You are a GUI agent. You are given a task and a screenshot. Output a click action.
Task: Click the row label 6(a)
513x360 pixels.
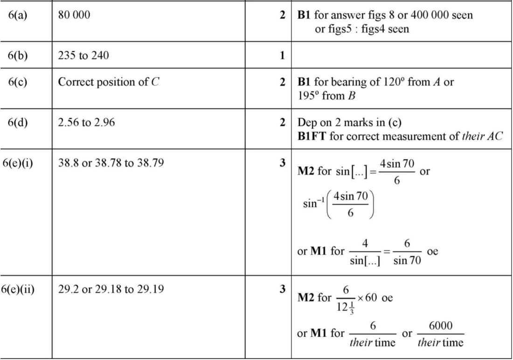(18, 15)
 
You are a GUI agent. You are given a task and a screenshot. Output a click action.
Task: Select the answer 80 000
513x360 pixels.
(74, 15)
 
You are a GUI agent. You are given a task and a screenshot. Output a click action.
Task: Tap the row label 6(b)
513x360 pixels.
(18, 55)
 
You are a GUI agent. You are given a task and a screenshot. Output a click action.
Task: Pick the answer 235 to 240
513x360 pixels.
(83, 55)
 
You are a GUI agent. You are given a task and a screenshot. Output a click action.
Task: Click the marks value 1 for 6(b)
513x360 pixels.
(282, 55)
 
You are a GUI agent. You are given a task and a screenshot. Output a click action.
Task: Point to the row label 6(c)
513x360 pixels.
(18, 82)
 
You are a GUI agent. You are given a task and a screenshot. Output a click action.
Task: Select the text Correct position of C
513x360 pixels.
(109, 82)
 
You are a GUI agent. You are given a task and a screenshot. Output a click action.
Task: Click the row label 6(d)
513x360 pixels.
(18, 123)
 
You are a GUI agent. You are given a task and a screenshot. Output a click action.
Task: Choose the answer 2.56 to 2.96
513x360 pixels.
(86, 123)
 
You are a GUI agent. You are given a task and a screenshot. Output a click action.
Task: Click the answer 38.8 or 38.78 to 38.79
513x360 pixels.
(111, 164)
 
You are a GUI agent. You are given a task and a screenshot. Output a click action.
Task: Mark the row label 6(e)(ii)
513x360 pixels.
(21, 289)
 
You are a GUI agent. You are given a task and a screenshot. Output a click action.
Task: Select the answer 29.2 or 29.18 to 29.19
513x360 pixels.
(111, 289)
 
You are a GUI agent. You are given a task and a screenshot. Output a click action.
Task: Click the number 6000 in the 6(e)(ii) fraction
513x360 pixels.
(440, 325)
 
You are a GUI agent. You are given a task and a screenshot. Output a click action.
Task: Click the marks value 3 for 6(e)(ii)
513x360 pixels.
(282, 289)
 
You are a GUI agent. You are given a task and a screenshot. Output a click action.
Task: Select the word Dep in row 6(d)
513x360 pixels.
(307, 123)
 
